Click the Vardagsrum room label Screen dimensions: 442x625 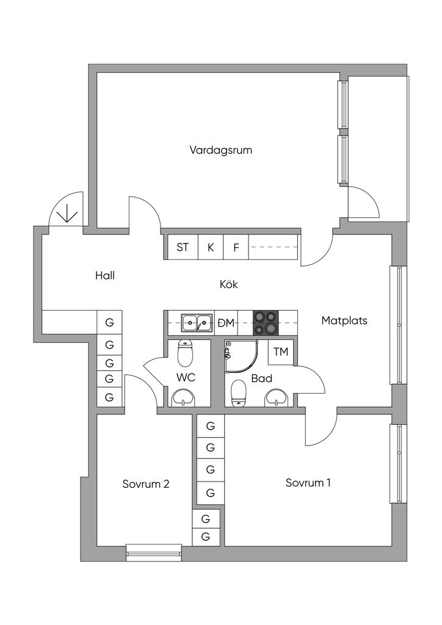tap(220, 150)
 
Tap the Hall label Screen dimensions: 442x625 tap(105, 275)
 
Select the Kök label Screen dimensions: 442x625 tap(229, 284)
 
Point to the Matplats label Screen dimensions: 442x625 tap(344, 320)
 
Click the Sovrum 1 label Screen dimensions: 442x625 tap(308, 483)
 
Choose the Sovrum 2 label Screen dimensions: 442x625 tap(146, 484)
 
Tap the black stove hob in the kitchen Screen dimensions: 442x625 tap(266, 323)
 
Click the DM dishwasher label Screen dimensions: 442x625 tap(226, 323)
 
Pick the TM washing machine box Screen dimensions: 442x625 tap(281, 352)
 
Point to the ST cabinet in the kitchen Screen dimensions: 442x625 tap(183, 248)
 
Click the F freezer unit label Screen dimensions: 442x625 tap(236, 248)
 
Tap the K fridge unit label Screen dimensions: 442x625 tap(211, 248)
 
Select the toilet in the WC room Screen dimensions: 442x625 tap(185, 353)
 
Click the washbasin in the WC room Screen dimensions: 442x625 tap(183, 398)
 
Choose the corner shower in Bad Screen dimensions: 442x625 tap(241, 356)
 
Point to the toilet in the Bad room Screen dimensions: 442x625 tap(238, 394)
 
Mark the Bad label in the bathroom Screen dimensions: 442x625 tap(261, 378)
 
